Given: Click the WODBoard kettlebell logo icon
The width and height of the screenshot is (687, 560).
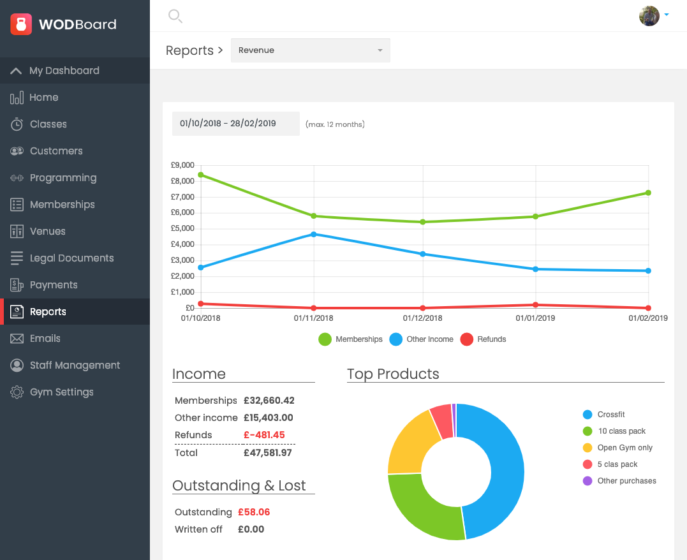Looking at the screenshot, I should (x=21, y=24).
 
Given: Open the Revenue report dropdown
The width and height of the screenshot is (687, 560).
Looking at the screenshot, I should (x=310, y=50).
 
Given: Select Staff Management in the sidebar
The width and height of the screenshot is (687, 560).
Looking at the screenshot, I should (x=75, y=365).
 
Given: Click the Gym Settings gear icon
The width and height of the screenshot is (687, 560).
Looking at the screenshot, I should (x=17, y=392).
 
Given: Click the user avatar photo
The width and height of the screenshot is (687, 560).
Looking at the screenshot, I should (x=649, y=16).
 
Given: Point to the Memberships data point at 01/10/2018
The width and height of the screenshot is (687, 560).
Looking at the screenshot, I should (x=201, y=175).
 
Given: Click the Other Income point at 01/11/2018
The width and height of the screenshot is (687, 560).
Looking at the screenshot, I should (x=313, y=234).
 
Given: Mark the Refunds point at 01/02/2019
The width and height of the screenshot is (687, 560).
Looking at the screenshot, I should (x=648, y=308).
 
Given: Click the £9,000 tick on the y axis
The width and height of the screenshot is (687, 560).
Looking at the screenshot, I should (x=182, y=165).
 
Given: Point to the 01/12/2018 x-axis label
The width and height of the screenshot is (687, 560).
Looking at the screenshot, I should (x=423, y=318).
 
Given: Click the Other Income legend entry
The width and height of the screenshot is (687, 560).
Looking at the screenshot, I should (x=422, y=339).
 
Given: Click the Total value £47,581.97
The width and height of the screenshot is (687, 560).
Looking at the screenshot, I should (x=267, y=453).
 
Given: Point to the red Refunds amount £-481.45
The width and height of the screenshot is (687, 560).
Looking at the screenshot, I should (x=264, y=435).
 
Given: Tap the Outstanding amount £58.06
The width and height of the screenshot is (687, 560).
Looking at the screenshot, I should (x=254, y=512).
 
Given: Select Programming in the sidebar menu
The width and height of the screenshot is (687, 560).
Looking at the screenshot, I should (x=63, y=178).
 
